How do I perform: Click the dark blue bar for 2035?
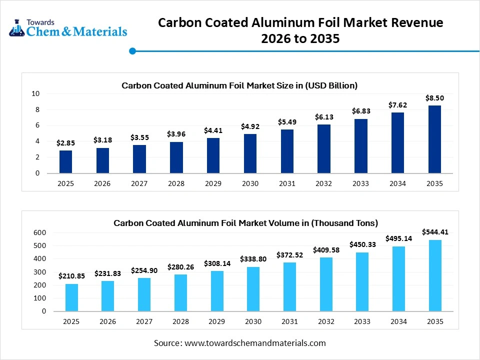[434, 139]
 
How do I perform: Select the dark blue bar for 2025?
[65, 162]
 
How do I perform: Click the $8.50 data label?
[434, 98]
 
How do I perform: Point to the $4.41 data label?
[213, 130]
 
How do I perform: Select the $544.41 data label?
[434, 232]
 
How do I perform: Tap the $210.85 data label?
[71, 276]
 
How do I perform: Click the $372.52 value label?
[289, 254]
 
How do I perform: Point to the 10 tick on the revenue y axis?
[35, 93]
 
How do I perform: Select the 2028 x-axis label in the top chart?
[176, 183]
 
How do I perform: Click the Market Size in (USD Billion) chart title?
[239, 85]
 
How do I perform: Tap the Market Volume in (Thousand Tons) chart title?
[245, 223]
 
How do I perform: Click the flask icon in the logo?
[16, 28]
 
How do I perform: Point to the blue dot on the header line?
[132, 51]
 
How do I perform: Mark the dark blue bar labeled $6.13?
[323, 149]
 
